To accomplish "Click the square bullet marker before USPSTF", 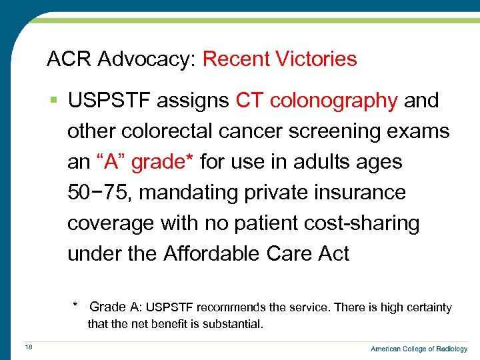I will point(53,101).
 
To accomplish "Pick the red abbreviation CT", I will point(249,101).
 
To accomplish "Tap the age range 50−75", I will point(100,193).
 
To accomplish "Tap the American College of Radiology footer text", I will point(419,349).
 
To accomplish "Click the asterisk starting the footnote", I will point(76,306).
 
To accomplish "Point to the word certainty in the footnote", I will point(426,307).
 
